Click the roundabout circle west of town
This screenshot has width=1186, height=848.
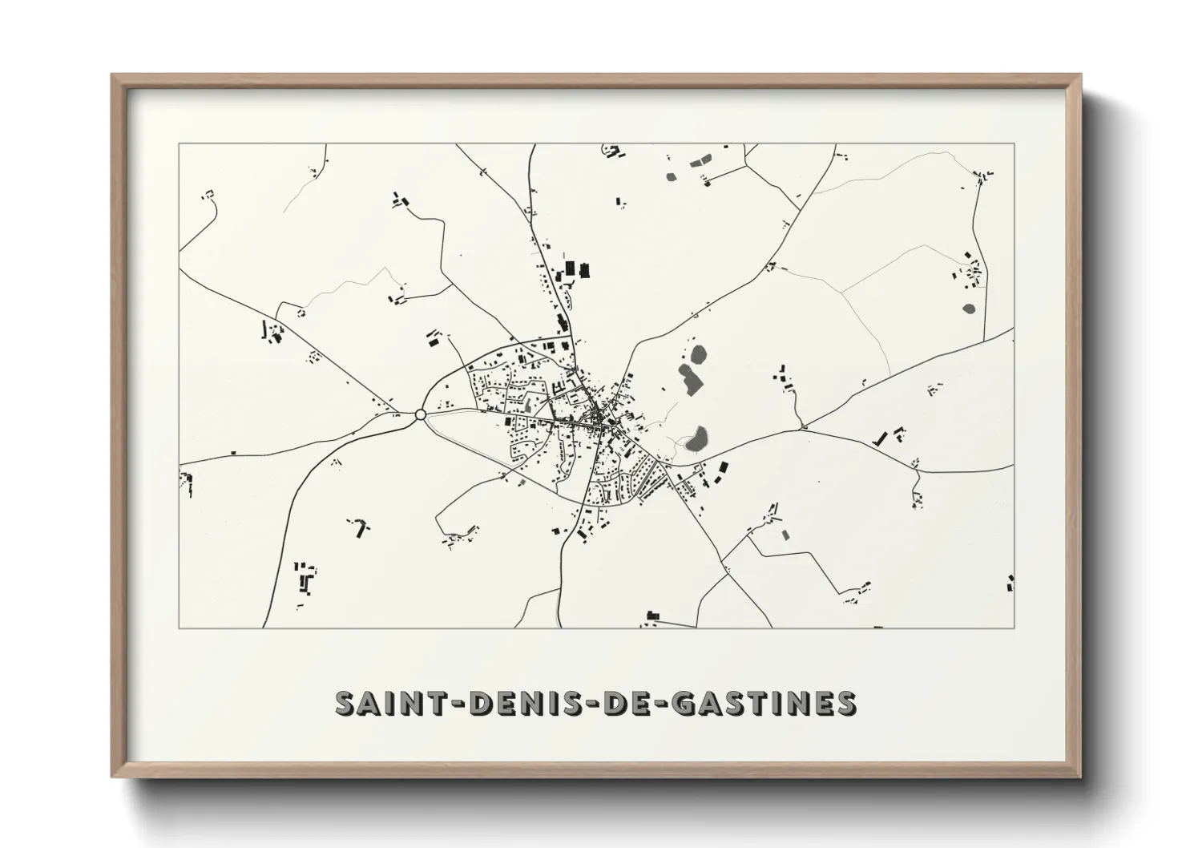coord(420,414)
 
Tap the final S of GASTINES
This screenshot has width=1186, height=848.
coord(845,703)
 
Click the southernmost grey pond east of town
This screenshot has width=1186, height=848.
coord(698,437)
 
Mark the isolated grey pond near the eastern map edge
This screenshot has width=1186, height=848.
coord(968,307)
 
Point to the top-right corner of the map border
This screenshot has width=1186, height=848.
coord(1015,143)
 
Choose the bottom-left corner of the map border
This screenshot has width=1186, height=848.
coord(179,628)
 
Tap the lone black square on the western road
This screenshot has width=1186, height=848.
coord(233,452)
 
